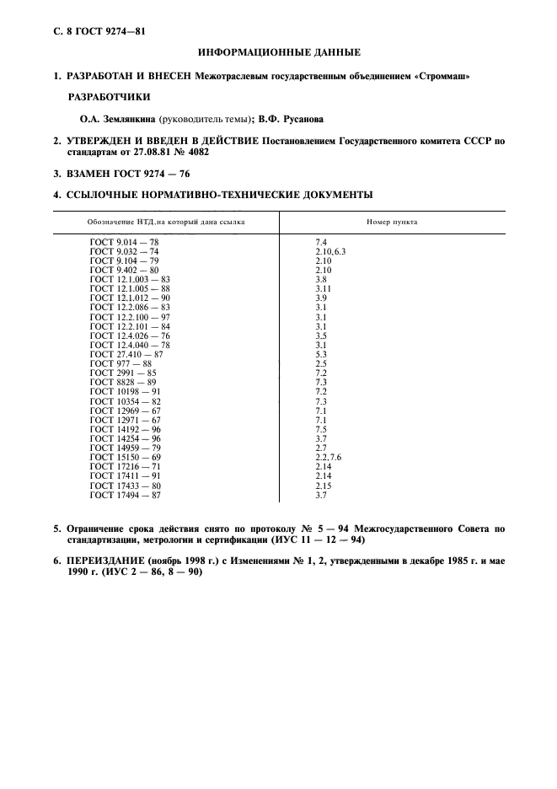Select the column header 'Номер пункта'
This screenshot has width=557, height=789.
392,222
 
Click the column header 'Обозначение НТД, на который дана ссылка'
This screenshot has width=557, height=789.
165,222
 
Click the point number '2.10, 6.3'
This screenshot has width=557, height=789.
330,251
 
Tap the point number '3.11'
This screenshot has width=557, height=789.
323,289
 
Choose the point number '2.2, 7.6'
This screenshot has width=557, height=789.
328,456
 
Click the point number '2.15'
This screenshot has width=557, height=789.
323,486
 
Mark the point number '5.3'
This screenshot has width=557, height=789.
320,355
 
